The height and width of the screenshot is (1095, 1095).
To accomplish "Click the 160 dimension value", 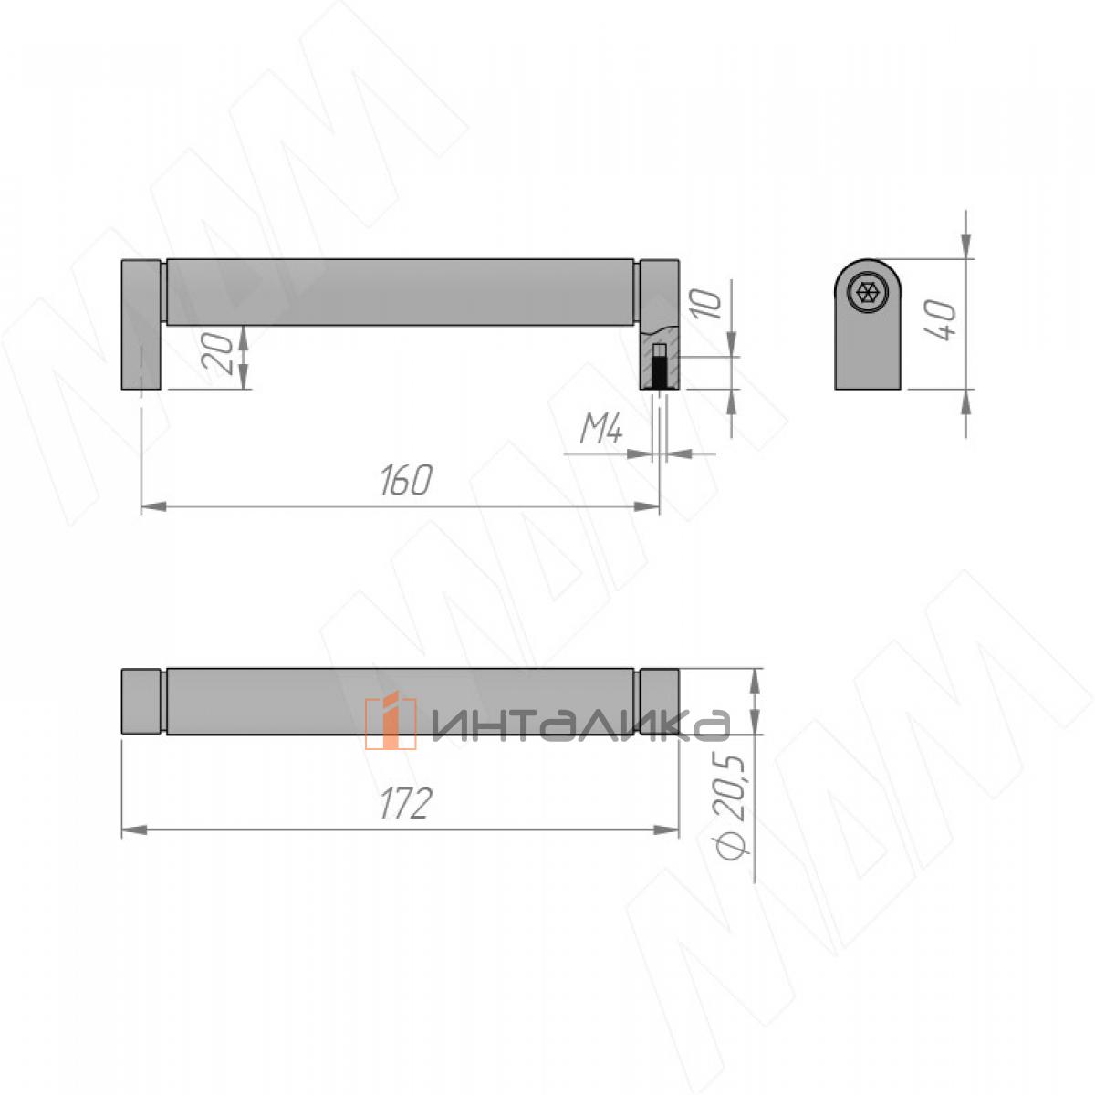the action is click(x=406, y=480).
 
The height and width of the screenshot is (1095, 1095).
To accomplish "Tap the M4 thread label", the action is click(x=601, y=430).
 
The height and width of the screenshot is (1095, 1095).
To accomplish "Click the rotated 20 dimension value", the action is click(x=219, y=353).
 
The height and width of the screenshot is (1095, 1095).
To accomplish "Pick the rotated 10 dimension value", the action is click(x=706, y=304).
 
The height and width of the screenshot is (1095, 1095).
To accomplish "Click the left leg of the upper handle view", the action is click(x=141, y=325).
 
